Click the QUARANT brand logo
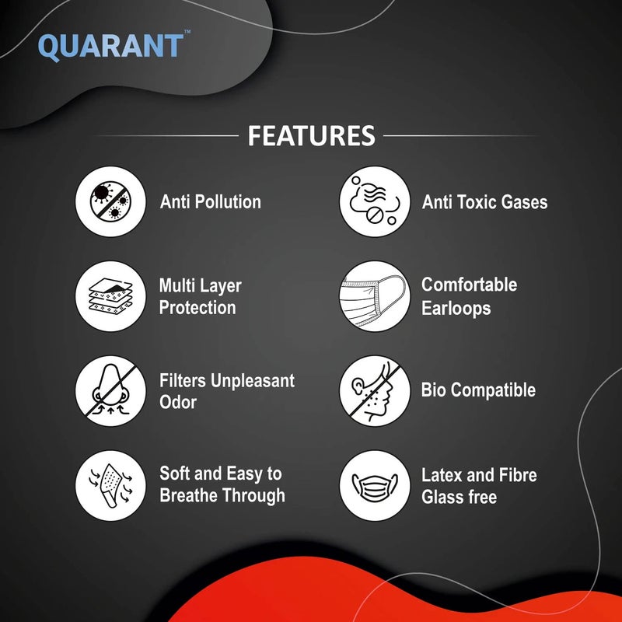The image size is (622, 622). pyautogui.click(x=110, y=47)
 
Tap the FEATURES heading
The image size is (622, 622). pyautogui.click(x=311, y=135)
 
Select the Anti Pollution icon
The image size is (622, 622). pyautogui.click(x=110, y=201)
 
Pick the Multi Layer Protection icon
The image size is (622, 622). pyautogui.click(x=110, y=296)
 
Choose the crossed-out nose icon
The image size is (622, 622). pyautogui.click(x=110, y=391)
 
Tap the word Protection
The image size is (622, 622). pyautogui.click(x=197, y=308)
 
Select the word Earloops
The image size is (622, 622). pyautogui.click(x=456, y=308)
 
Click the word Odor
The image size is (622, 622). pyautogui.click(x=178, y=403)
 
